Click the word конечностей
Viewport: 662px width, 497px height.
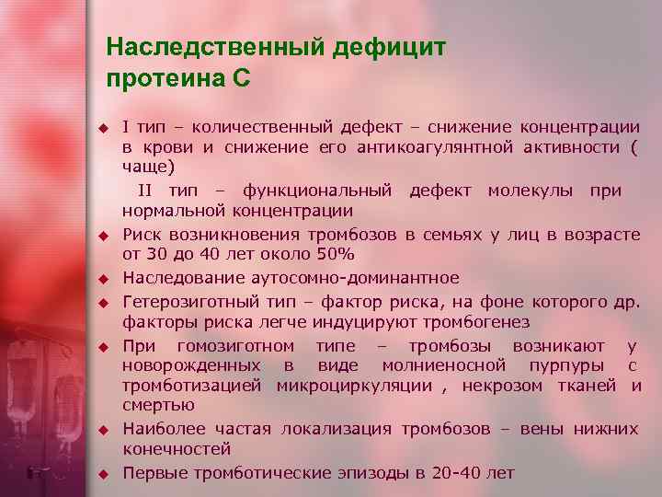(x=177, y=449)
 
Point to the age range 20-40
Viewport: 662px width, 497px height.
(x=459, y=473)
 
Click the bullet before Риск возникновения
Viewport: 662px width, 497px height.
(x=106, y=236)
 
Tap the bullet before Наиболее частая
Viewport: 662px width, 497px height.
(x=106, y=430)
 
